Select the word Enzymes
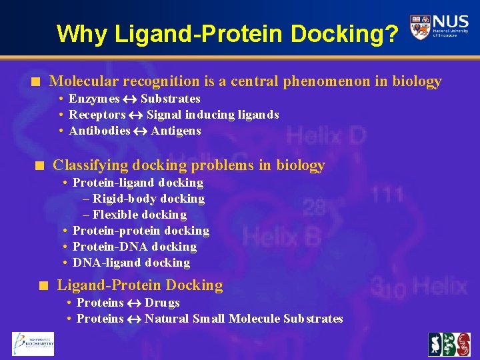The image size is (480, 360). pyautogui.click(x=94, y=99)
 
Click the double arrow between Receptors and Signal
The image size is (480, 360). pyautogui.click(x=136, y=115)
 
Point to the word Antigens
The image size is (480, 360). pyautogui.click(x=176, y=131)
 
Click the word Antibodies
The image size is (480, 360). pyautogui.click(x=99, y=131)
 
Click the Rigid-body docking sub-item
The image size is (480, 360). pyautogui.click(x=143, y=199)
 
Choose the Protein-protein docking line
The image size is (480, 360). pyautogui.click(x=141, y=231)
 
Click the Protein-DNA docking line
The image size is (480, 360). pyautogui.click(x=134, y=247)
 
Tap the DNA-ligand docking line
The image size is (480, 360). pyautogui.click(x=131, y=263)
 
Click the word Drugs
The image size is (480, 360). pyautogui.click(x=162, y=303)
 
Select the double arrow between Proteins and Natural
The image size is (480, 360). pyautogui.click(x=134, y=319)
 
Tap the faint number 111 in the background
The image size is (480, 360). pyautogui.click(x=387, y=195)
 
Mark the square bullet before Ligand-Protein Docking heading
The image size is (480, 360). pyautogui.click(x=43, y=286)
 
